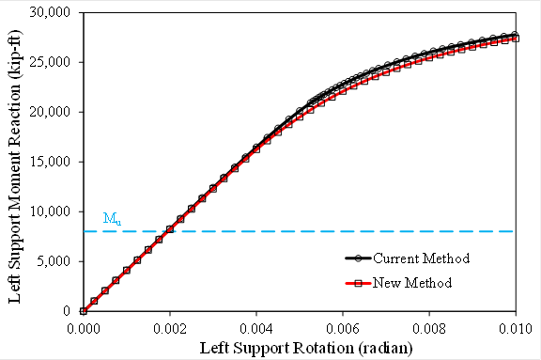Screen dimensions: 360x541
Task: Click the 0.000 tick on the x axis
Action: pos(84,327)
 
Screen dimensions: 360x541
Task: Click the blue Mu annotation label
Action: pos(110,219)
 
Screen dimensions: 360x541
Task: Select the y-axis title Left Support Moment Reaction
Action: pos(16,162)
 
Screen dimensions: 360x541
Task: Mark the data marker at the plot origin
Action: pos(84,311)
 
